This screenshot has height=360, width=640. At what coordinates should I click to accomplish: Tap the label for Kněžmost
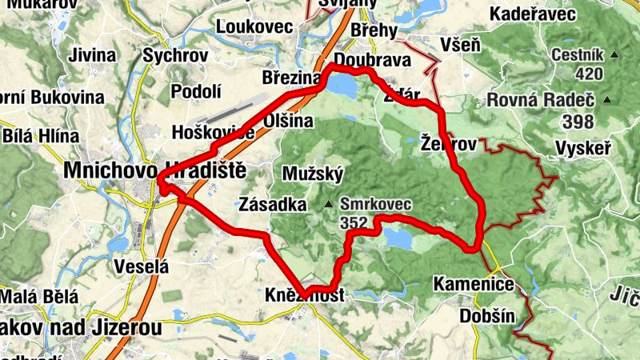point(304,296)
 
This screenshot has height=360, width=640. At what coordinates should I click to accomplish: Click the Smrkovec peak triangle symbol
point(328,206)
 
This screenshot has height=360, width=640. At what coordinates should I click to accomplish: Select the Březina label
point(291,78)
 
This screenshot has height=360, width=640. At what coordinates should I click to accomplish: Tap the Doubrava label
point(373,61)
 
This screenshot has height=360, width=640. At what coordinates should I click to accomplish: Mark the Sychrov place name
point(175,56)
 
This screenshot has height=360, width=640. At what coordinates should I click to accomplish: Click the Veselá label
point(142,266)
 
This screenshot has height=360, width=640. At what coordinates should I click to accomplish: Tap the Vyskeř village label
point(583,149)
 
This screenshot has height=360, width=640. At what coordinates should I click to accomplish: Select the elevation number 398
point(578,122)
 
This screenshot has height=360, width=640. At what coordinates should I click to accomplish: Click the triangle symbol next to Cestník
point(614,55)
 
